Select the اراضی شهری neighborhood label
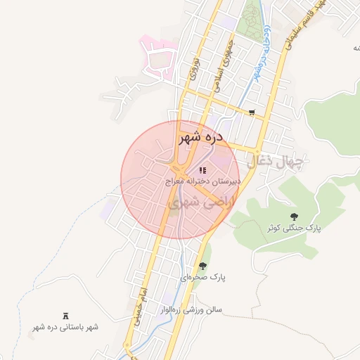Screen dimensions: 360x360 click(x=198, y=202)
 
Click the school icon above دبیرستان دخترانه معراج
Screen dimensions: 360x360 click(x=202, y=170)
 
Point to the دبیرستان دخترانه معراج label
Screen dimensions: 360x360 click(x=203, y=181)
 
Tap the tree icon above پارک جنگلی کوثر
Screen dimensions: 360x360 click(x=293, y=217)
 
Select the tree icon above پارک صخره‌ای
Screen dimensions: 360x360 click(x=202, y=266)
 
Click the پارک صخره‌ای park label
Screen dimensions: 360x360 click(x=202, y=277)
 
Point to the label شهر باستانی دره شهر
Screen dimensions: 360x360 click(x=65, y=327)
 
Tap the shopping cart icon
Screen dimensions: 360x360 click(x=252, y=112)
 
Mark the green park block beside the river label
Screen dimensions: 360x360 click(x=248, y=21)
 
